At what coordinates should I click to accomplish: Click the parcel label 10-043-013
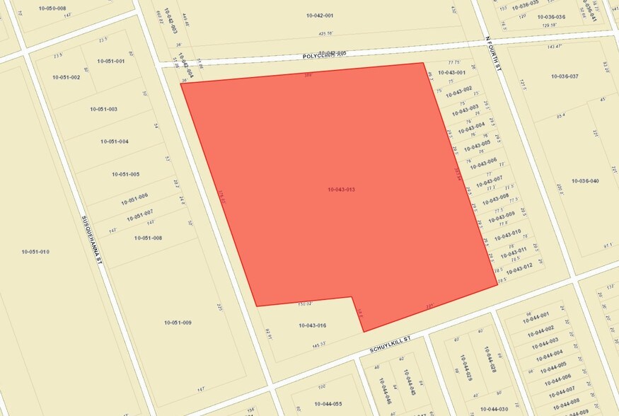341,190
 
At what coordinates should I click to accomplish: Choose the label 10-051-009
178,323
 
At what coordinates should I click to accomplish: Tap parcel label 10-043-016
311,325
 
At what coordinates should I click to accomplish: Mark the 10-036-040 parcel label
585,181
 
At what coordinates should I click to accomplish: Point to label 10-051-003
103,109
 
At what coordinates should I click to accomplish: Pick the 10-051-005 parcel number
125,174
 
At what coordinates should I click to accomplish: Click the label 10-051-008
148,238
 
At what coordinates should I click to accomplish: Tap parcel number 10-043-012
518,268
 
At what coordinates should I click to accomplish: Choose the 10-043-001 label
451,72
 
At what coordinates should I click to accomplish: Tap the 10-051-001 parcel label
110,61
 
